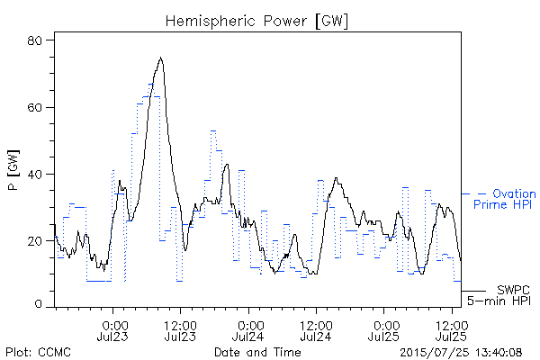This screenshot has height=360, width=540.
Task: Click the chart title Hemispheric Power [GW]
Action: click(256, 22)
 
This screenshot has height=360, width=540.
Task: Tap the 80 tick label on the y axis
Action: click(34, 40)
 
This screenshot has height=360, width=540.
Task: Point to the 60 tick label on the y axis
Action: click(34, 107)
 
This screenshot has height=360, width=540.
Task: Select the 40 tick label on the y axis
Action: click(34, 175)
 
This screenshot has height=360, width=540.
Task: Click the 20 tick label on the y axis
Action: click(34, 241)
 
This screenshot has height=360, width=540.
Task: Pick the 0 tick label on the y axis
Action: click(38, 304)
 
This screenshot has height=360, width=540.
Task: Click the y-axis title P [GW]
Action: click(13, 170)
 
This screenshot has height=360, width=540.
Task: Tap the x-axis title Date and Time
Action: click(257, 352)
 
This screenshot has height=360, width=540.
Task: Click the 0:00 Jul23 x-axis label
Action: click(112, 330)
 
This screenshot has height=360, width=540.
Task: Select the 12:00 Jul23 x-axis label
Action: click(180, 330)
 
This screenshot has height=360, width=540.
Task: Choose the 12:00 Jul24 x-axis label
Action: click(316, 330)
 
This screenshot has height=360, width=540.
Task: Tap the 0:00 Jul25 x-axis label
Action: click(384, 330)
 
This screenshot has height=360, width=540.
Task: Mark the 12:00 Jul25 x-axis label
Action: click(452, 330)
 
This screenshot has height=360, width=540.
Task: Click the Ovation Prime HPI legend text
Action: click(505, 199)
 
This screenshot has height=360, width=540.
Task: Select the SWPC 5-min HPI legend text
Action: click(499, 295)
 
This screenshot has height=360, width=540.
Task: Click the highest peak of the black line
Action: click(160, 58)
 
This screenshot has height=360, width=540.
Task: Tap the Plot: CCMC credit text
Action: click(38, 353)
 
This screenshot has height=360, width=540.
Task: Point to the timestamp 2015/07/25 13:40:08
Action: click(461, 353)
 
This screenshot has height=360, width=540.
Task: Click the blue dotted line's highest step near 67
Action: click(151, 84)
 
